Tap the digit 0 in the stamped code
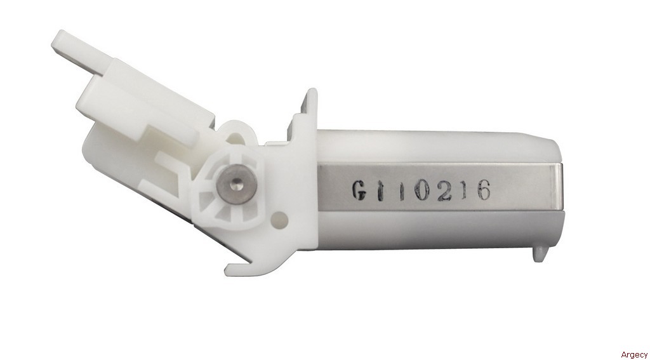click(x=422, y=191)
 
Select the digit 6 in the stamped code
click(x=483, y=191)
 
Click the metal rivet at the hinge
click(x=237, y=184)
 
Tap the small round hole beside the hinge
click(x=280, y=218)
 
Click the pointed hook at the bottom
click(x=237, y=267)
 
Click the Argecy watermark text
click(x=634, y=354)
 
